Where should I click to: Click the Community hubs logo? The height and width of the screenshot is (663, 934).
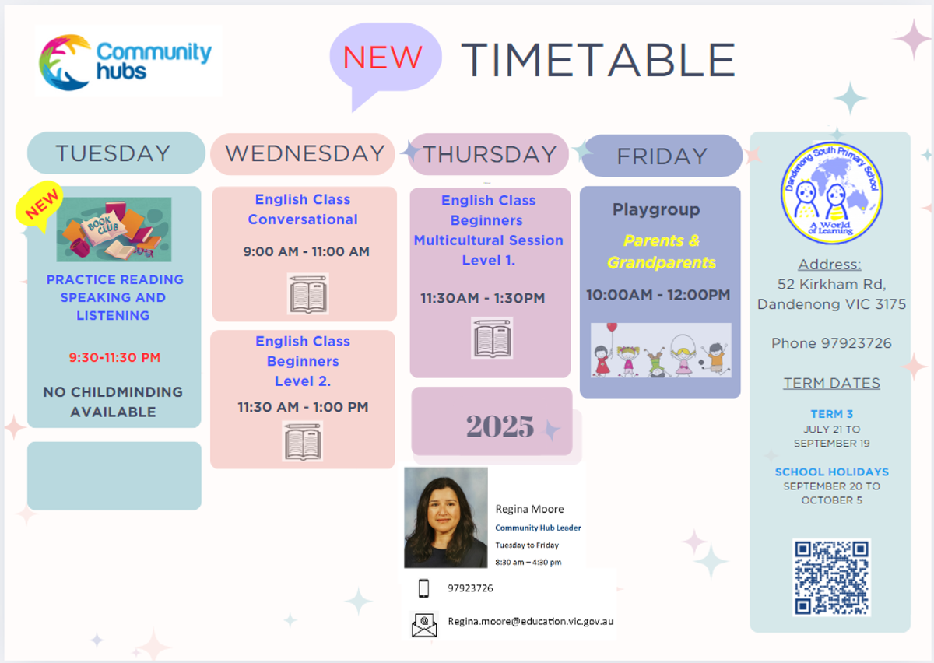pyautogui.click(x=125, y=61)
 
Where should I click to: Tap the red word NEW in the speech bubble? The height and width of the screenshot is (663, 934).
pyautogui.click(x=382, y=57)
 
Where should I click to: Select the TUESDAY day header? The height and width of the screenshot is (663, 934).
pyautogui.click(x=113, y=153)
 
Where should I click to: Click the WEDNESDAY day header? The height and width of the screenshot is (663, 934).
pyautogui.click(x=305, y=153)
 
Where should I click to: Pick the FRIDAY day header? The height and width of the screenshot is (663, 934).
pyautogui.click(x=662, y=156)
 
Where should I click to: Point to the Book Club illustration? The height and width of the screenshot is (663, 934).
pyautogui.click(x=114, y=230)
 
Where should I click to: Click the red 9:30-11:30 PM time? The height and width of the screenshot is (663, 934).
pyautogui.click(x=114, y=357)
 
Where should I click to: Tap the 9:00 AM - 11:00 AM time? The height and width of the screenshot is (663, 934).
pyautogui.click(x=307, y=251)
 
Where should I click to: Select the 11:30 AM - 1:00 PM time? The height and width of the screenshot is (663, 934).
pyautogui.click(x=303, y=407)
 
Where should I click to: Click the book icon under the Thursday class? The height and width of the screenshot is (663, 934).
pyautogui.click(x=492, y=338)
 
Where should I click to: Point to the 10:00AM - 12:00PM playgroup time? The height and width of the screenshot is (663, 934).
pyautogui.click(x=658, y=295)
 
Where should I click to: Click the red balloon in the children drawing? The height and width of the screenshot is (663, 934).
pyautogui.click(x=612, y=328)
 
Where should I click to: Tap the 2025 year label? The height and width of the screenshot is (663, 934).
pyautogui.click(x=500, y=426)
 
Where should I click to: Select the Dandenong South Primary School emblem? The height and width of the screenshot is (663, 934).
pyautogui.click(x=832, y=193)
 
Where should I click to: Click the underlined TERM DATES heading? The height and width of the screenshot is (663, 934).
pyautogui.click(x=832, y=383)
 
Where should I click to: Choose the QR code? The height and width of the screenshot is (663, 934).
pyautogui.click(x=831, y=577)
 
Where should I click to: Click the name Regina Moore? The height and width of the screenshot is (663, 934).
pyautogui.click(x=529, y=509)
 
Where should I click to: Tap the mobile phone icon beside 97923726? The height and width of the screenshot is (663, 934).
pyautogui.click(x=423, y=588)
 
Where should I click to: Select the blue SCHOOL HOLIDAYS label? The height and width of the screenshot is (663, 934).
pyautogui.click(x=832, y=472)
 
